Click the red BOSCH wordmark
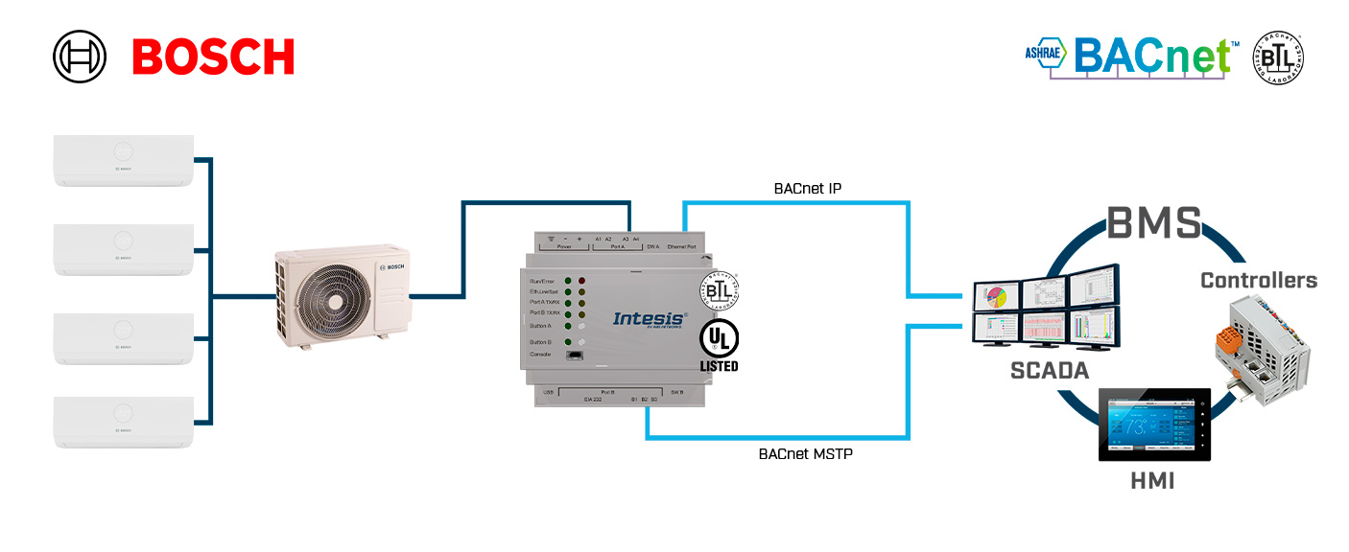213,57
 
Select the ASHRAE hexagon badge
1045,54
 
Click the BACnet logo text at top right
1151,57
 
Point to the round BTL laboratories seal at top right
1279,57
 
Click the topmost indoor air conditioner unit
124,159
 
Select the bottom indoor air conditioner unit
124,422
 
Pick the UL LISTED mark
719,346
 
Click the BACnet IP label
807,189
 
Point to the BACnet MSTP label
804,453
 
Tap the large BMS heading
1155,222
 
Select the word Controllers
1259,280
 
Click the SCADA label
1050,370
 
